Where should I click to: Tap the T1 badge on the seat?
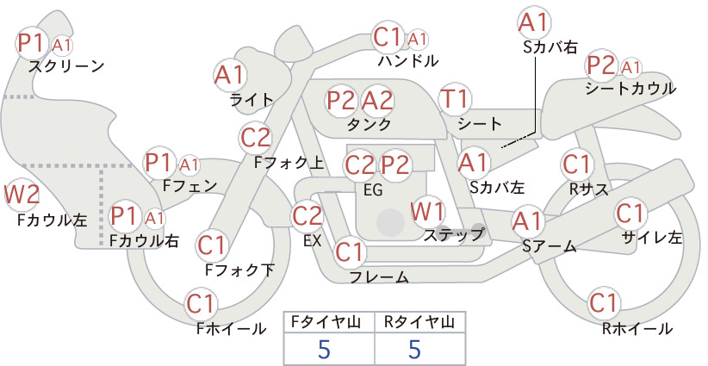click(455, 99)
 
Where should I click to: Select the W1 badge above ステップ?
click(427, 211)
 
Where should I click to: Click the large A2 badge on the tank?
click(377, 100)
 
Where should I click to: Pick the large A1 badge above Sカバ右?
click(533, 23)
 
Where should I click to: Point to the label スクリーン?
click(66, 66)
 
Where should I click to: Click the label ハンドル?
click(408, 60)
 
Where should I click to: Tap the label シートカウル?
click(630, 88)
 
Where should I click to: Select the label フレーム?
click(379, 276)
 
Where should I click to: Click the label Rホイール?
click(637, 329)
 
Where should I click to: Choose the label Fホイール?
click(231, 328)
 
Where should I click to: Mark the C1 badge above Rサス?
click(576, 164)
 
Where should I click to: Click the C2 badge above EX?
click(307, 215)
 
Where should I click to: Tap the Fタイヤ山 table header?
click(326, 322)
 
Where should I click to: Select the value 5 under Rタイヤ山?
click(414, 349)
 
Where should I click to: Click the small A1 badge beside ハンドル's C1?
click(417, 40)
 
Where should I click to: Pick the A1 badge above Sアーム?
click(527, 221)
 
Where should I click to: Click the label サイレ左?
click(651, 238)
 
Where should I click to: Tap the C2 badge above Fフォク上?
click(256, 138)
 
